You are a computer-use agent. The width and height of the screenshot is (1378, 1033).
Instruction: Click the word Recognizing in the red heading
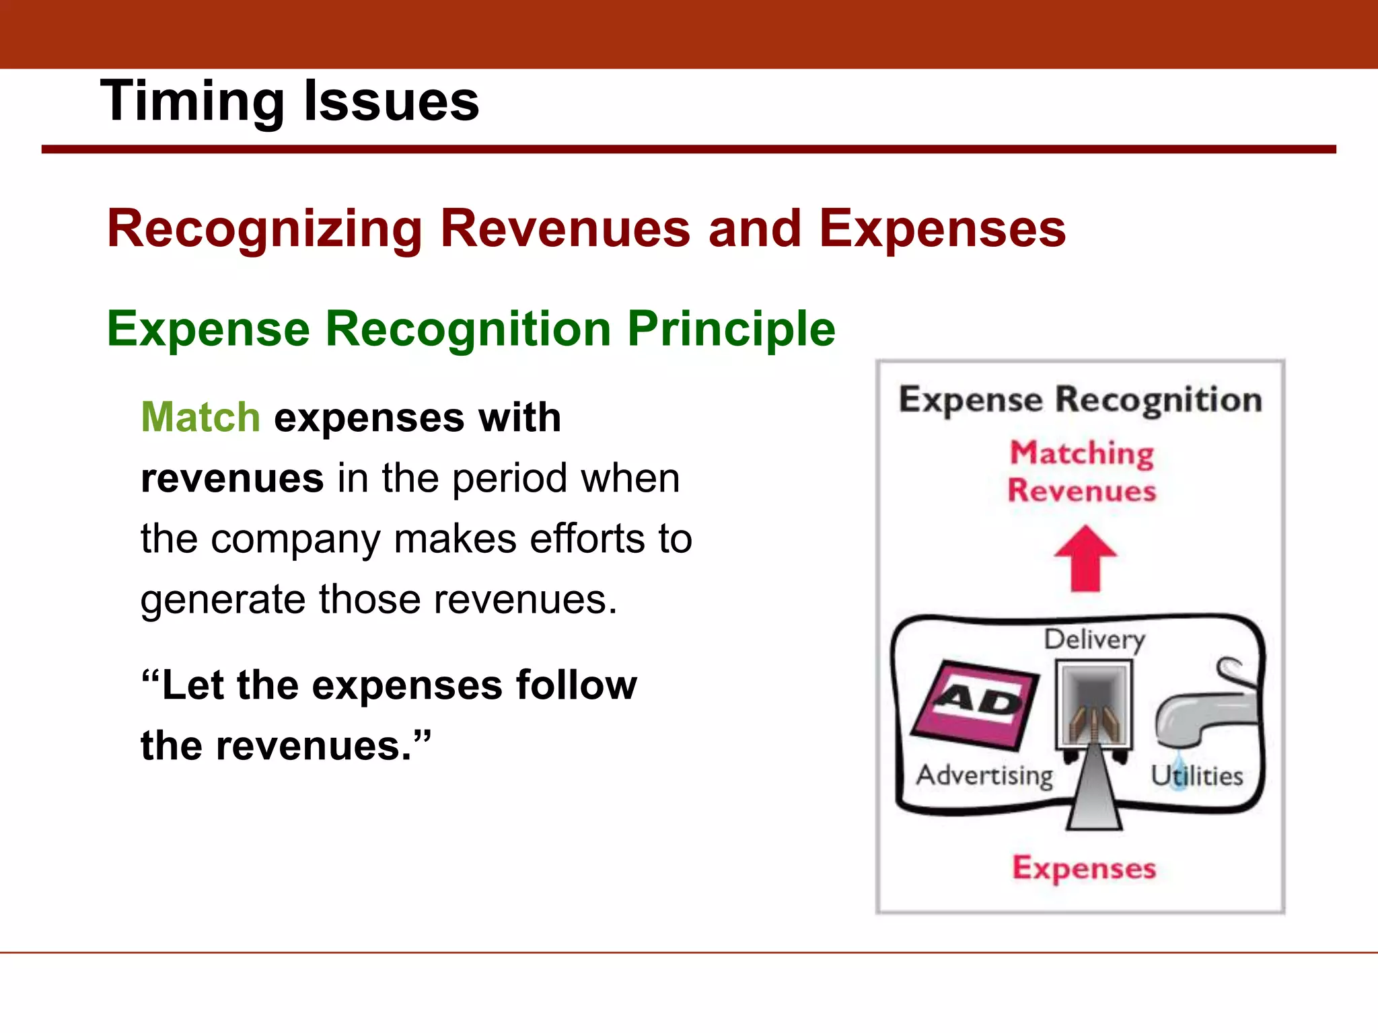pos(264,230)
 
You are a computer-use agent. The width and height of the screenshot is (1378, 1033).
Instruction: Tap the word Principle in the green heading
pos(731,330)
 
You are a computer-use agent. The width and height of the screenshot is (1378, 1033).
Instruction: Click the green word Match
pos(201,417)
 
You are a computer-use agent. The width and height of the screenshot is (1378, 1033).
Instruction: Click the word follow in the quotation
pos(576,685)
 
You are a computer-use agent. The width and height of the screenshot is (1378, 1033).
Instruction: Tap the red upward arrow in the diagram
pos(1085,558)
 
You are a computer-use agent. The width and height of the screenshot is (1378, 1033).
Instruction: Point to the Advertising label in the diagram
pos(984,775)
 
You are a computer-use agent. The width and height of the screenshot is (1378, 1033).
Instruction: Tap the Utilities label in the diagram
pos(1197,776)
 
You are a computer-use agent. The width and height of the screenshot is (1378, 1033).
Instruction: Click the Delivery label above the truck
pos(1094,640)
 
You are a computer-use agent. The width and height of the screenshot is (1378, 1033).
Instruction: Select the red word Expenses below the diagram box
pos(1084,868)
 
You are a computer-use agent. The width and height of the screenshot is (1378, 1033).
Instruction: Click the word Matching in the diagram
pos(1082,453)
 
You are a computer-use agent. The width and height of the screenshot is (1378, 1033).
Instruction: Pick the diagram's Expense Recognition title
pos(1080,400)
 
